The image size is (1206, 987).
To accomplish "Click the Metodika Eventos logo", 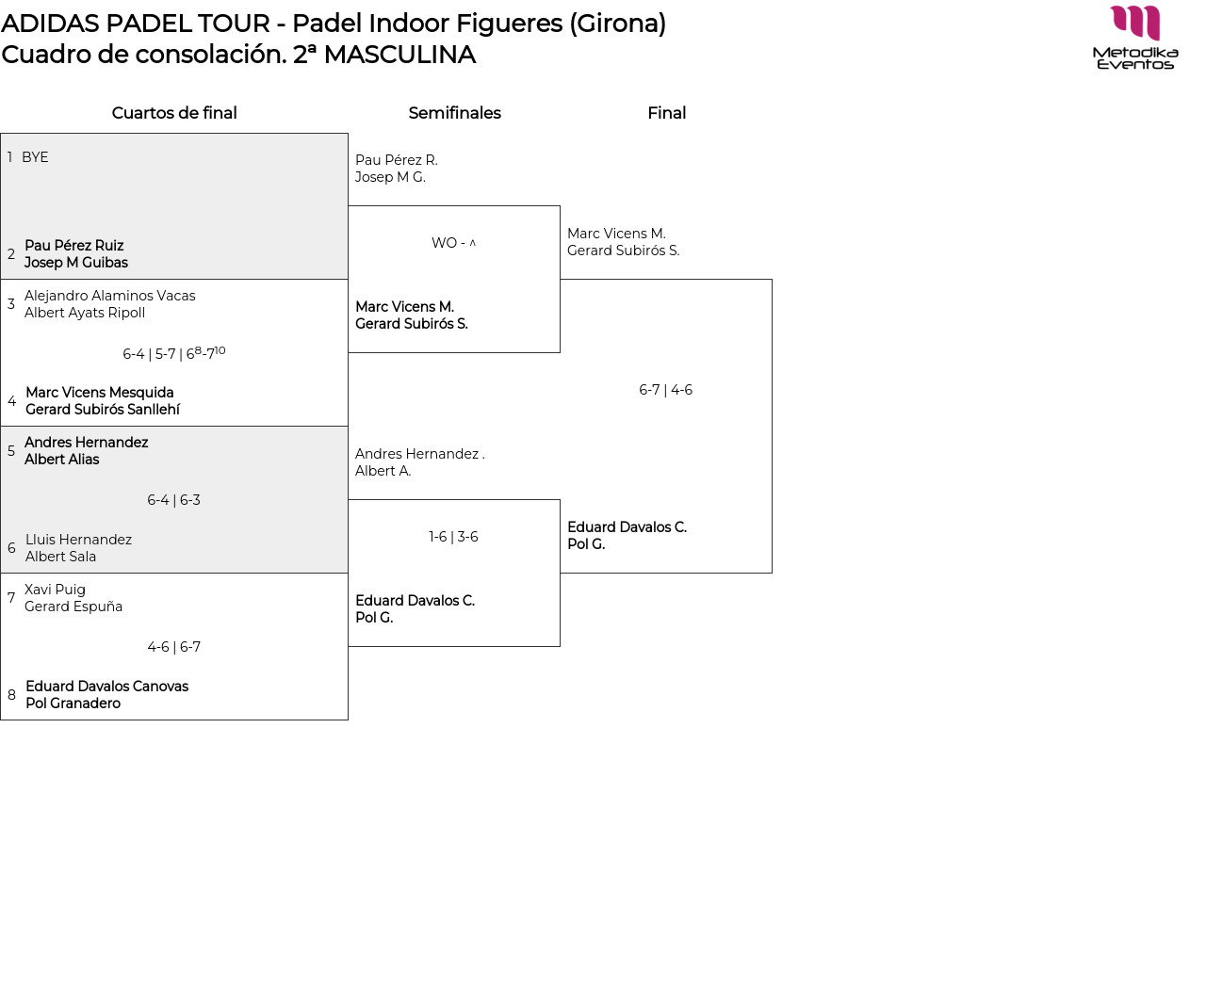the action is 1134,38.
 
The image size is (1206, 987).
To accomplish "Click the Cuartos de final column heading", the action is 174,113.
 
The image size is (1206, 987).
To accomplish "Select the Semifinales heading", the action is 455,113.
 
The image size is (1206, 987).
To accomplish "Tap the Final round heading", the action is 667,113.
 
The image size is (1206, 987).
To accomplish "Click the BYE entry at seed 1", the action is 35,157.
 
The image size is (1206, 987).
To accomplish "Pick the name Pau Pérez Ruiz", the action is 73,245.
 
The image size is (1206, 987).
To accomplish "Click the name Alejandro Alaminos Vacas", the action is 110,296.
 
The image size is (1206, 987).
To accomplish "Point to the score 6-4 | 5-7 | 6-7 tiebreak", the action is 174,352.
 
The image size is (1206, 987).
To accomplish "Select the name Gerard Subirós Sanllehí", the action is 103,409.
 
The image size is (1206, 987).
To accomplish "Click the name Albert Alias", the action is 62,459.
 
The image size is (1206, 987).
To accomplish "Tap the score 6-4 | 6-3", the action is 174,500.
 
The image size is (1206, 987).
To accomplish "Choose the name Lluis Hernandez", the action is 78,540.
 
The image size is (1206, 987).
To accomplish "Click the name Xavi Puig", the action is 55,590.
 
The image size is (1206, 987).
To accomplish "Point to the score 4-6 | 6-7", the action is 174,647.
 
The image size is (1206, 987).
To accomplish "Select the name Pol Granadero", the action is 73,703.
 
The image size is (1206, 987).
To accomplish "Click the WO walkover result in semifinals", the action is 453,243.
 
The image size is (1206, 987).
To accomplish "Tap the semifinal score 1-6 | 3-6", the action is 453,537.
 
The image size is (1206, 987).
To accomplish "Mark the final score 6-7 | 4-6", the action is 665,390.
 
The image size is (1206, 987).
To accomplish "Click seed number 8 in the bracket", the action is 11,694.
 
